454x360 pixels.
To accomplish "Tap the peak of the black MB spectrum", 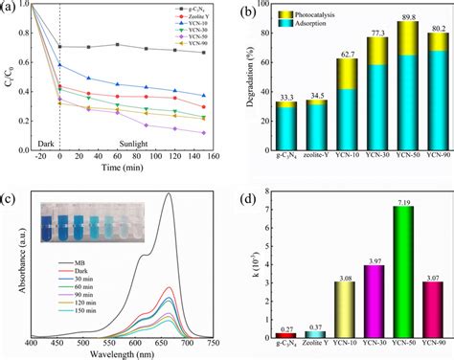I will [170, 194].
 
